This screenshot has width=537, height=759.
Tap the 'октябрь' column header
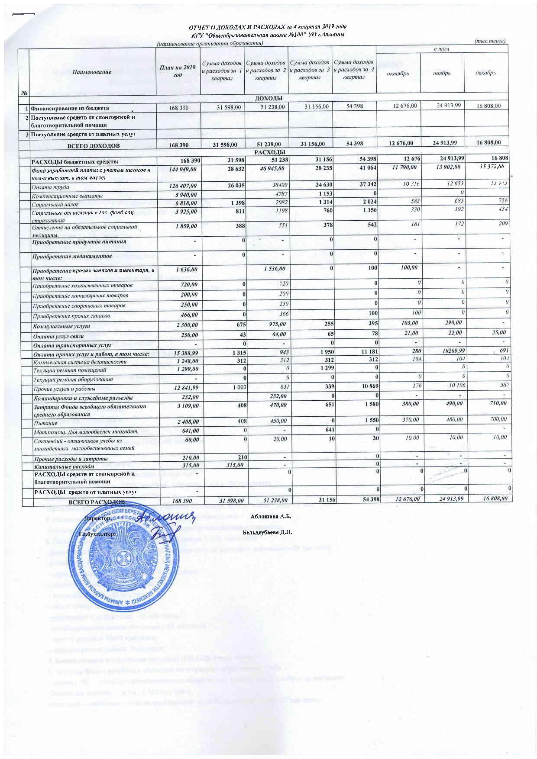tap(398, 73)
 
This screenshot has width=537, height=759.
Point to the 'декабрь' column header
tap(485, 73)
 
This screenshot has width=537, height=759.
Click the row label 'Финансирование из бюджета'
tap(69, 108)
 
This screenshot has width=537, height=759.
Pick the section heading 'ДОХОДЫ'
tap(268, 98)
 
